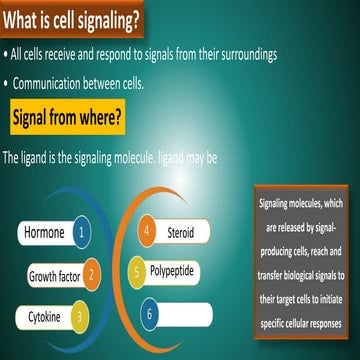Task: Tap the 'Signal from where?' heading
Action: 67,119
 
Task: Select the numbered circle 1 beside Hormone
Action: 82,234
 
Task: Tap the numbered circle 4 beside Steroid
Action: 146,232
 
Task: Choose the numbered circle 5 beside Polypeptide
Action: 135,270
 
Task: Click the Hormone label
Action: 44,234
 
